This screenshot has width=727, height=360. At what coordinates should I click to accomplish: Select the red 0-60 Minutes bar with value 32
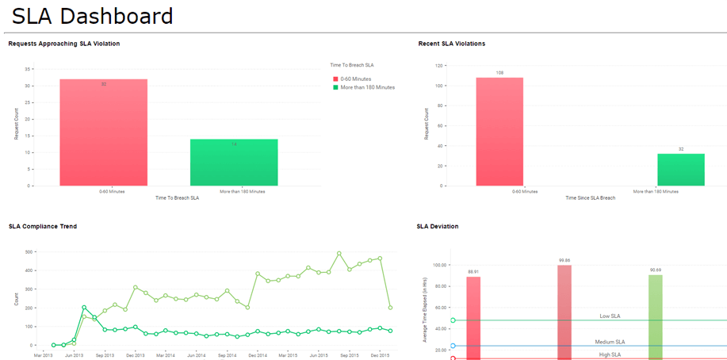pos(103,132)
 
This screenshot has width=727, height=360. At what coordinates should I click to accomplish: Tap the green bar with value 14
pos(234,163)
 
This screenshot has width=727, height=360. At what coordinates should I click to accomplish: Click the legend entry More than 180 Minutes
pos(367,87)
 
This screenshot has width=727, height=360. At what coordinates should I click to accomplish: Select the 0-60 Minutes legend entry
pos(357,79)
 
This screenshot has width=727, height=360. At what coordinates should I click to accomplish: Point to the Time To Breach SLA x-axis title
pos(178,197)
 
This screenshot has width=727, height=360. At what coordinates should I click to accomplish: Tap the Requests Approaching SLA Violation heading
pos(64,44)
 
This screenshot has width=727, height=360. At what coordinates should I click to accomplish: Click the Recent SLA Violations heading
pos(451,44)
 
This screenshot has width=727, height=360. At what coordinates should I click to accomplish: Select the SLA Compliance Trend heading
pos(43,227)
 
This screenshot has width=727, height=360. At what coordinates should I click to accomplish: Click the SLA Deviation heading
pos(438,227)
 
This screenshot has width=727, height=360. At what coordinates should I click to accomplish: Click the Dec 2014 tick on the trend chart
pos(257,355)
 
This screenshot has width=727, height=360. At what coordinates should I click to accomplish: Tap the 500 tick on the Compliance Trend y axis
pos(29,252)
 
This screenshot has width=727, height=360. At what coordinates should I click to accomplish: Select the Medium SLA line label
pos(610,342)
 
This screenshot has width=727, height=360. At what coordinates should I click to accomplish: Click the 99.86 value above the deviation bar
pos(564,261)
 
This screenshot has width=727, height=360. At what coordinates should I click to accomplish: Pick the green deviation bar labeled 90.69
pos(655,317)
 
